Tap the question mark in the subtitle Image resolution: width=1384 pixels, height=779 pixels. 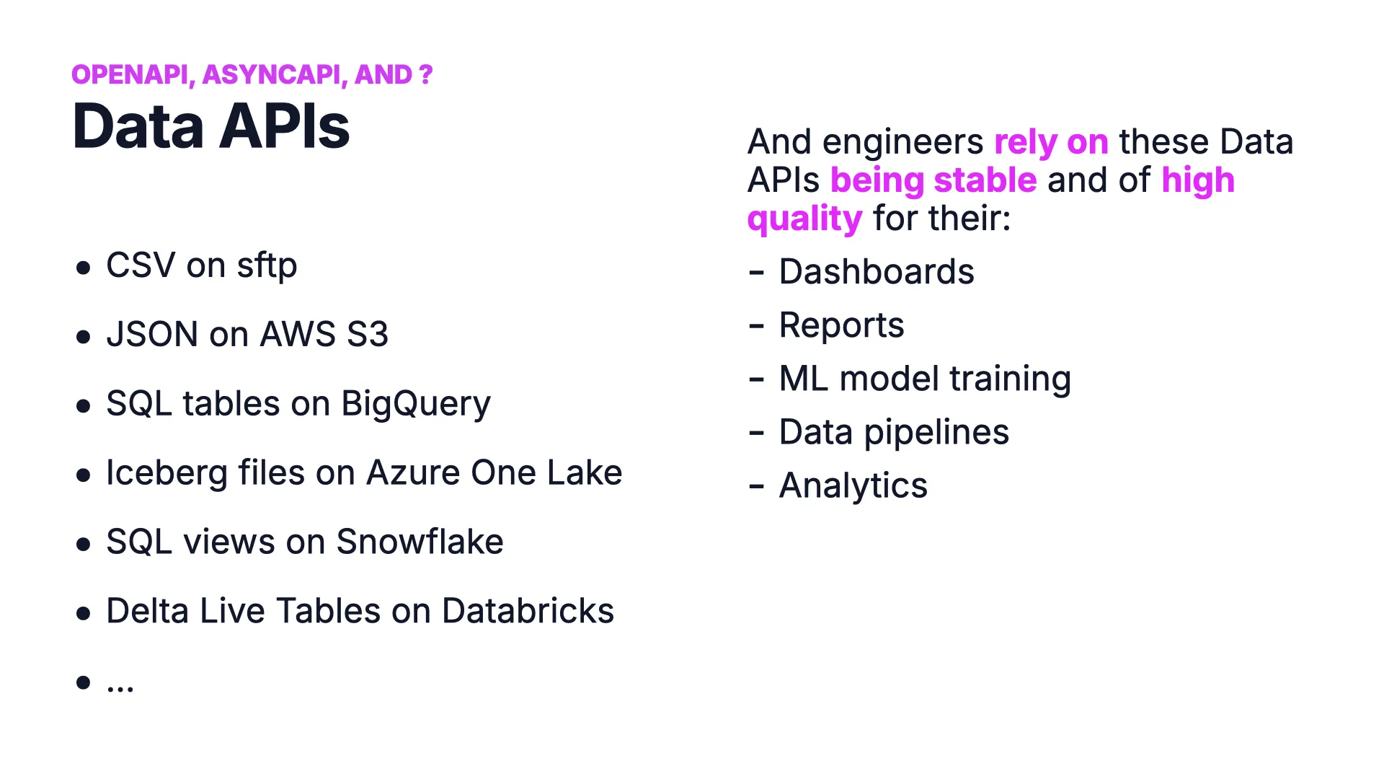click(x=425, y=74)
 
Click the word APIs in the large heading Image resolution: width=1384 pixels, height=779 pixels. click(x=285, y=127)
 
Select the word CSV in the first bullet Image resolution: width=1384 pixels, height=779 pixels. click(x=141, y=265)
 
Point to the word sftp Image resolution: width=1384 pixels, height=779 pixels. click(x=267, y=265)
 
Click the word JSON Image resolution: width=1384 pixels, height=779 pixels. click(x=152, y=334)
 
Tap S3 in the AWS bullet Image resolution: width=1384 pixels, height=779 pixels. click(x=368, y=334)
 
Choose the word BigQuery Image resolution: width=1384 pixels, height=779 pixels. click(x=416, y=404)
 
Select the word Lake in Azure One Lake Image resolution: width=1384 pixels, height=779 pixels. click(x=585, y=472)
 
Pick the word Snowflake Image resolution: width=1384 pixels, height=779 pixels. click(x=420, y=542)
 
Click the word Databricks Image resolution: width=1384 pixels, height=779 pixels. click(x=528, y=611)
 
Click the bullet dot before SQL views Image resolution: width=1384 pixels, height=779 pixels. click(x=84, y=544)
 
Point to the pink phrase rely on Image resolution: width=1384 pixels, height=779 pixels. click(x=1051, y=142)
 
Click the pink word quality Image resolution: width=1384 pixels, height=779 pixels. click(x=804, y=219)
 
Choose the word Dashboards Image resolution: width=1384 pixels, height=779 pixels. click(x=877, y=272)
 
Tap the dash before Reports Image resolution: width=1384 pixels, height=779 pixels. click(x=756, y=327)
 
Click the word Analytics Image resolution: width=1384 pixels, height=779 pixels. click(x=853, y=486)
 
